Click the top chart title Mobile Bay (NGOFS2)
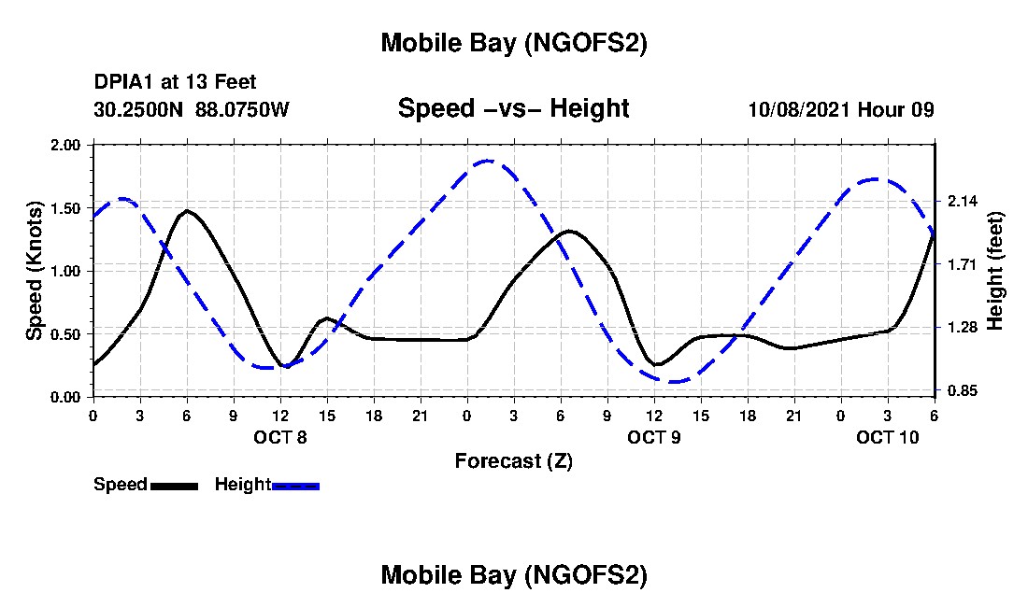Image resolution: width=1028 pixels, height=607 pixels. tap(513, 44)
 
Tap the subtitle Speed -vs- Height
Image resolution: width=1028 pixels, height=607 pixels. tap(513, 108)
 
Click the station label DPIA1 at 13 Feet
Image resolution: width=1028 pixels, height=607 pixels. tap(175, 82)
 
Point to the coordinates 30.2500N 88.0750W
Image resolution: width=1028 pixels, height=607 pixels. tap(192, 109)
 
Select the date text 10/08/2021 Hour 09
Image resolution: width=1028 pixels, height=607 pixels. tap(841, 109)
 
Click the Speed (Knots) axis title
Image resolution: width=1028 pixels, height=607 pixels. tap(35, 270)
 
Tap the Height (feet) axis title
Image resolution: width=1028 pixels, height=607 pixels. tap(994, 271)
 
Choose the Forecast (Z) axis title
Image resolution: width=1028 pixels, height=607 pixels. tap(513, 460)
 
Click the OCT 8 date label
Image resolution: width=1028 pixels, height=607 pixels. tap(279, 437)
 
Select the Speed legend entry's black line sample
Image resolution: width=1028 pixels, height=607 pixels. tap(174, 486)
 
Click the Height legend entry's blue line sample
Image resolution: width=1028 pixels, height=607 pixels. tap(295, 486)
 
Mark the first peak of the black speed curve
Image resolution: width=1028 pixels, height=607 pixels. tap(187, 211)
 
